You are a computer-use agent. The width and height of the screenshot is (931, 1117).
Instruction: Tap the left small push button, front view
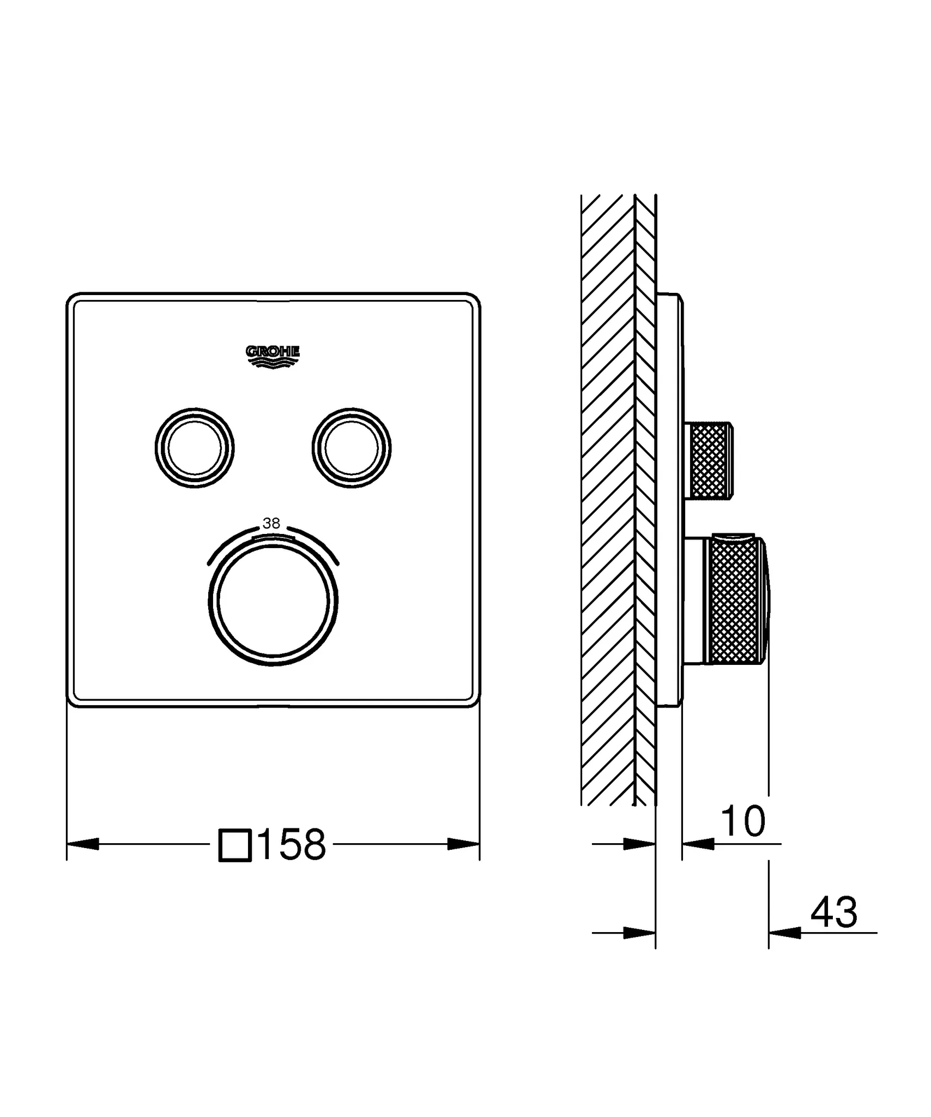[195, 448]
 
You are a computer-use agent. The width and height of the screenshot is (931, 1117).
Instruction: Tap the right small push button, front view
[352, 448]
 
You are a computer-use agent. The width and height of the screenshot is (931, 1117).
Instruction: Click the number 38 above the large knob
[271, 524]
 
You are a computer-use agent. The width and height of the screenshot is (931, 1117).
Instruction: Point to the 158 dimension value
[292, 845]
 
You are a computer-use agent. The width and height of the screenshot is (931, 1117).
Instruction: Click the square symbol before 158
[235, 845]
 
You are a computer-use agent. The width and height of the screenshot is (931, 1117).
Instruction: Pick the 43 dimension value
[833, 912]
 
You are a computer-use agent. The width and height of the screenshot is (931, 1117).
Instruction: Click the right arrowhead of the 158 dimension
[463, 844]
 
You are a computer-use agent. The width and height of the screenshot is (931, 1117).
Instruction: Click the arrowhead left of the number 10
[698, 844]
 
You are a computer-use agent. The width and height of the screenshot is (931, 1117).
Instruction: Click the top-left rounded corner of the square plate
[74, 300]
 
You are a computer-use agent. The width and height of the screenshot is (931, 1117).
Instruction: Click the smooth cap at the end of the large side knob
[766, 600]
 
